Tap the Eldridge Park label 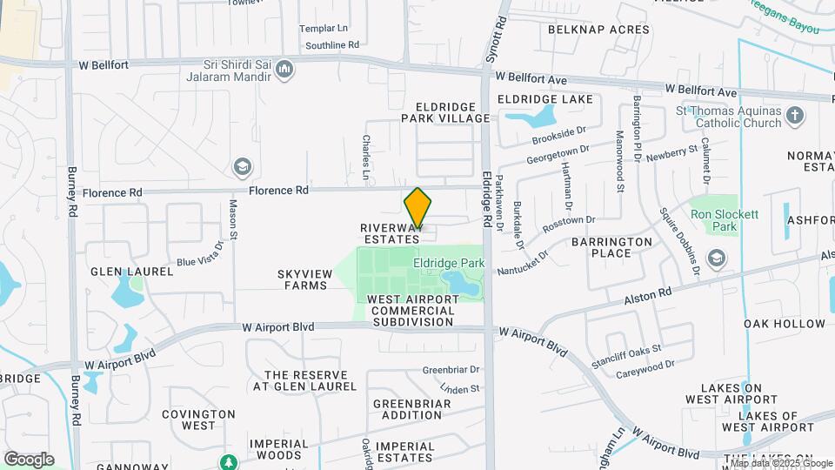pos(448,261)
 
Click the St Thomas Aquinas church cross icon pos(794,116)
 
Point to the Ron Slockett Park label pos(724,220)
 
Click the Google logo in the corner pos(29,460)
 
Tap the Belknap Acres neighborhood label pos(598,30)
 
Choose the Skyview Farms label pos(304,279)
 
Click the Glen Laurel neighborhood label pos(132,272)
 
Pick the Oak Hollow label pos(785,324)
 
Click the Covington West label pos(198,420)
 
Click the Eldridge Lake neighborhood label pos(544,100)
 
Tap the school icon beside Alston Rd pos(717,258)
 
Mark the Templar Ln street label pos(324,29)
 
